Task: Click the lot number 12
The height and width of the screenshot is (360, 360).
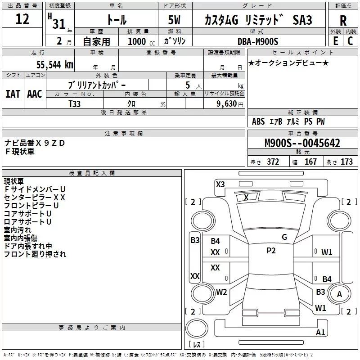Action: pyautogui.click(x=22, y=19)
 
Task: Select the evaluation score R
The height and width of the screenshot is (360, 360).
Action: pyautogui.click(x=343, y=21)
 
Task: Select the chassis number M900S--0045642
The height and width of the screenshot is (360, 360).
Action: pyautogui.click(x=302, y=144)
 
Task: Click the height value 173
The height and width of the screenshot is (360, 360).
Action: pyautogui.click(x=346, y=162)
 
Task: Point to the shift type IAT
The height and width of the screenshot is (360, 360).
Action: pyautogui.click(x=13, y=94)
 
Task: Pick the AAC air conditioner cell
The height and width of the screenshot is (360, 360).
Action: pyautogui.click(x=35, y=94)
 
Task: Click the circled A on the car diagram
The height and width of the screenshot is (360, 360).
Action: pyautogui.click(x=340, y=294)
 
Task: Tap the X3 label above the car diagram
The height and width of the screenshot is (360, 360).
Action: pyautogui.click(x=220, y=184)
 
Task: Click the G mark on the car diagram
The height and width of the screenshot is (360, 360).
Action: pyautogui.click(x=284, y=237)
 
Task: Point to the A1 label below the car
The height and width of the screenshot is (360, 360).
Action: pyautogui.click(x=320, y=333)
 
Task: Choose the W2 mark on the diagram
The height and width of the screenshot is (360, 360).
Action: pyautogui.click(x=221, y=292)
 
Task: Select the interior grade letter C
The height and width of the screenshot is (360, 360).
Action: pyautogui.click(x=350, y=41)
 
